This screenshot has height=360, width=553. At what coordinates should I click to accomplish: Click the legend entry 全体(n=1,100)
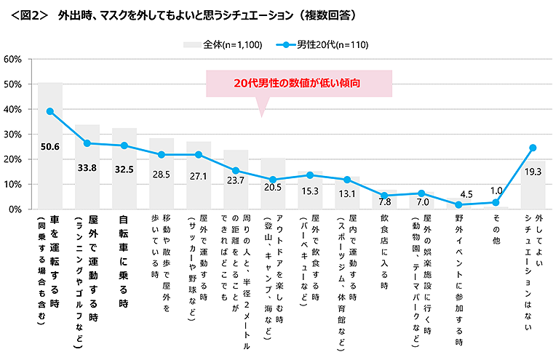point(223,44)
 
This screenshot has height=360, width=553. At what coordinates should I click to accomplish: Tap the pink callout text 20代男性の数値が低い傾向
point(298,83)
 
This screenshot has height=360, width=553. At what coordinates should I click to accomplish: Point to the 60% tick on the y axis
point(15,60)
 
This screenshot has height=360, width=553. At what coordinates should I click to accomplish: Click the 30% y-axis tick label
point(15,135)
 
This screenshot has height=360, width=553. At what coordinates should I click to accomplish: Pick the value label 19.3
point(533,172)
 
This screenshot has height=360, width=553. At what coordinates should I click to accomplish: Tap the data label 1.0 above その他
point(496,190)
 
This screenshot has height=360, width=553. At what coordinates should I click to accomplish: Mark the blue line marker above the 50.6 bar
point(50,111)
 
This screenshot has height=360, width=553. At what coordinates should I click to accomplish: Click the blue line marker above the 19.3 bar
point(533,148)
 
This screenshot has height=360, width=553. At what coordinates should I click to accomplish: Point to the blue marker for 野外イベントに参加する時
point(458,205)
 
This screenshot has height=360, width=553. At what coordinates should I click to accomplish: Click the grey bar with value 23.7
point(236,193)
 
